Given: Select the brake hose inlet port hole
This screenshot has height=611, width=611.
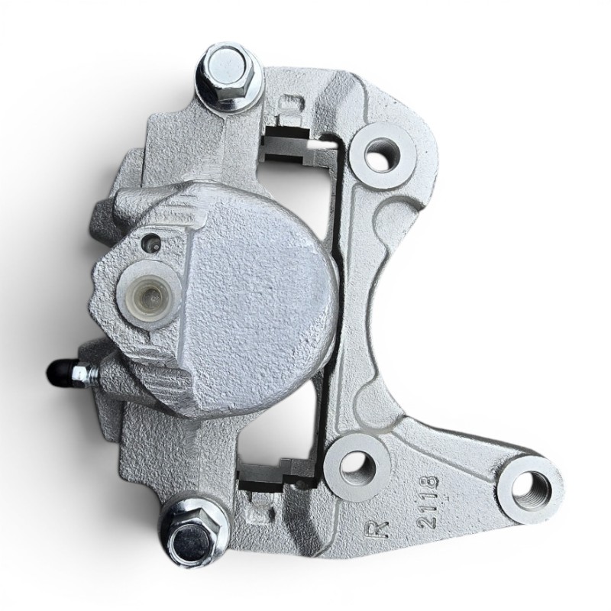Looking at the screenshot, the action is (148, 297).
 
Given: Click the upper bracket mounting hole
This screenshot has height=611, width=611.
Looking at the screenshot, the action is (382, 155).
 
